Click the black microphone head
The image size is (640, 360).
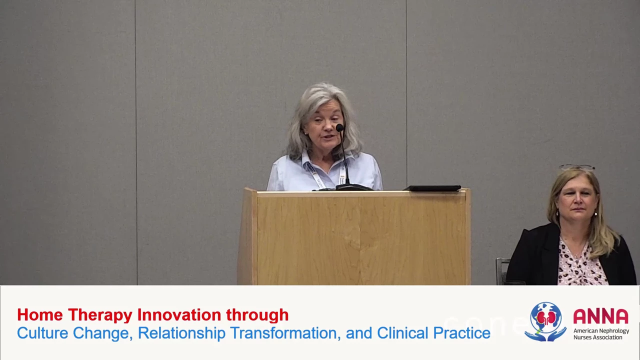tap(339, 127)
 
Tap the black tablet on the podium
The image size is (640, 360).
tap(432, 188)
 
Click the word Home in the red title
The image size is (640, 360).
tap(40, 315)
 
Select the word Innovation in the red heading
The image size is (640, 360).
tap(179, 315)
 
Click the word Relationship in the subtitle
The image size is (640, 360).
tap(181, 333)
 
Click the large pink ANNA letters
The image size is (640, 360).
tap(601, 316)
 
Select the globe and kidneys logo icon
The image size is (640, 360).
tap(545, 321)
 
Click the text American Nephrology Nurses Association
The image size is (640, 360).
tap(601, 334)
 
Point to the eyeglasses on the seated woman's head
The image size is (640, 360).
tap(577, 167)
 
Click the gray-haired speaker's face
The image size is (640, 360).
tap(323, 128)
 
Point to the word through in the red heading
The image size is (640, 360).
tap(257, 315)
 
